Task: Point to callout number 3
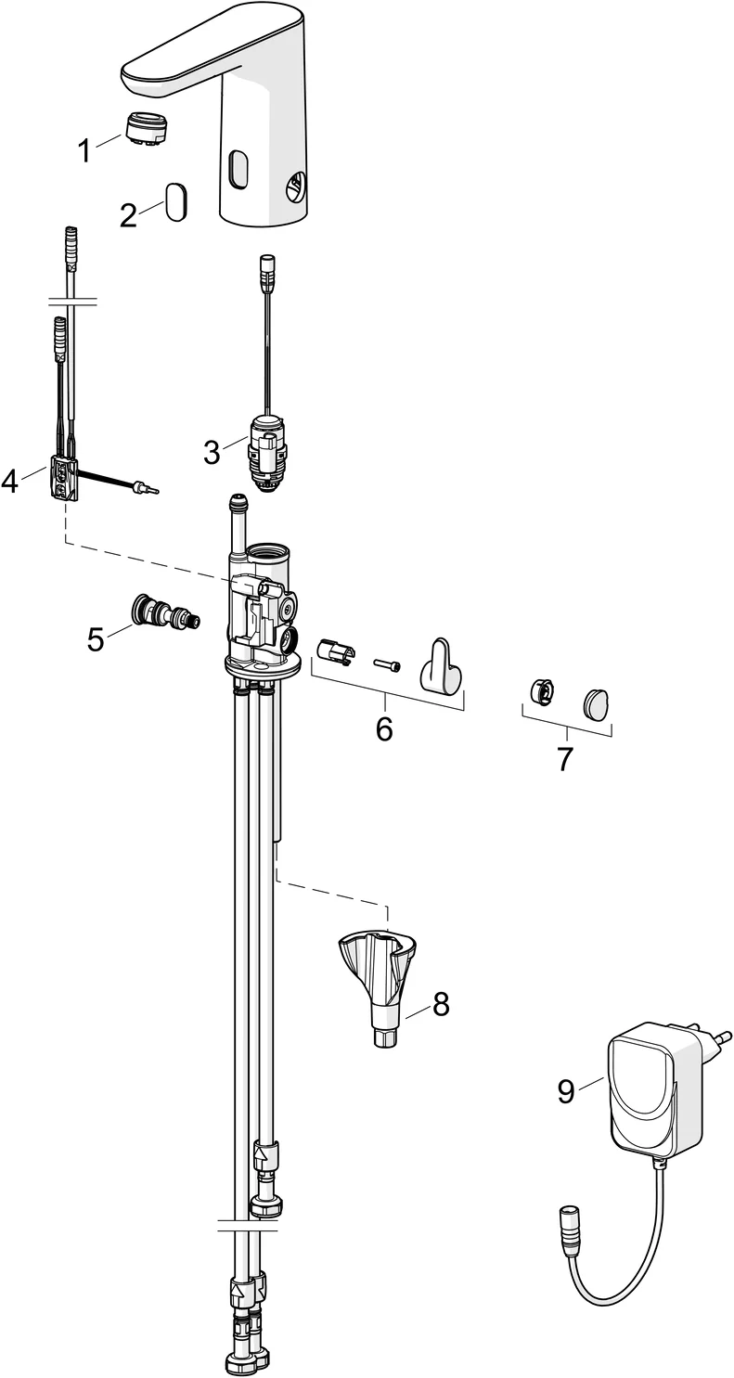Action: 212,453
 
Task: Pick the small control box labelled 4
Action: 62,478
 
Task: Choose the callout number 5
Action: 96,638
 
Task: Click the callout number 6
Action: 384,728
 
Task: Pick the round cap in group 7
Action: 598,702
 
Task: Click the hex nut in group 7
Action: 542,691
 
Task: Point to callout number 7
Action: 565,758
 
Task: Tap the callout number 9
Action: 566,1091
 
